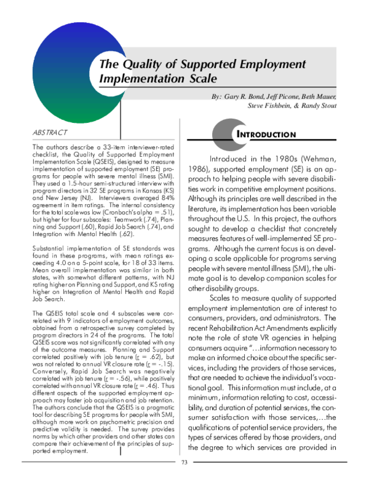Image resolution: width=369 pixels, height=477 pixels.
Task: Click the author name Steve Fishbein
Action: [x=270, y=106]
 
